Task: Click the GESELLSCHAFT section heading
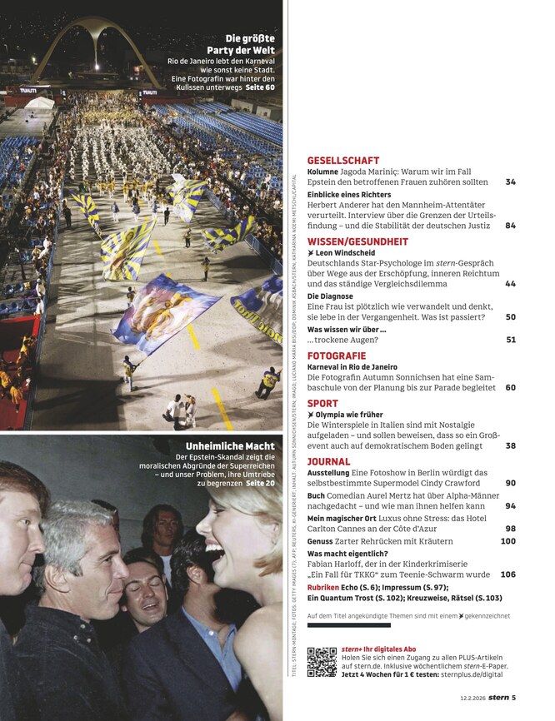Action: point(342,161)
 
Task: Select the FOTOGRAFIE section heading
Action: point(337,356)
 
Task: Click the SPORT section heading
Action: point(322,404)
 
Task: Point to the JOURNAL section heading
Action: point(328,461)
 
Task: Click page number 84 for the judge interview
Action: point(510,226)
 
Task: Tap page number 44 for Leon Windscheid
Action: point(510,284)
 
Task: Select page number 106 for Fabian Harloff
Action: point(507,574)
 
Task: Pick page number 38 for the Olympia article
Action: point(510,446)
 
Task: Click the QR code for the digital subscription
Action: point(322,662)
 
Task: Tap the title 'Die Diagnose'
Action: point(330,296)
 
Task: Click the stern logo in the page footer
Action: point(497,698)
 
